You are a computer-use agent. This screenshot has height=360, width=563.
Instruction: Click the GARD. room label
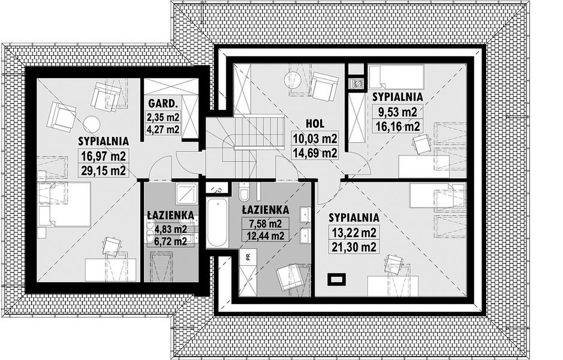(163, 104)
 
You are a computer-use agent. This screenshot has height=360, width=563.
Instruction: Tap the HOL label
(315, 124)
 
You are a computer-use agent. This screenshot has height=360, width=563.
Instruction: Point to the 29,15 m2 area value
(103, 170)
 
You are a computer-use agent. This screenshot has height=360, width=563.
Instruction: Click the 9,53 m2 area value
(398, 112)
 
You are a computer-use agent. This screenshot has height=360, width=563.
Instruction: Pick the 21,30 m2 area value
(354, 247)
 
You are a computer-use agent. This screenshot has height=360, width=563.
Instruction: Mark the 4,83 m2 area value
(170, 229)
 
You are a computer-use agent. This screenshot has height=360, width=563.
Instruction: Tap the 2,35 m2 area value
(163, 117)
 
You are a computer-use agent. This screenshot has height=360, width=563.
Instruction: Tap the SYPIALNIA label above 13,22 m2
(354, 217)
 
